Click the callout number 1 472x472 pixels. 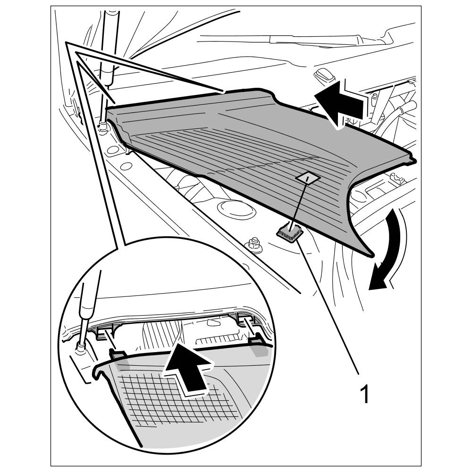click(364, 394)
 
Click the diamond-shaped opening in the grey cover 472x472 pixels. click(307, 178)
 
